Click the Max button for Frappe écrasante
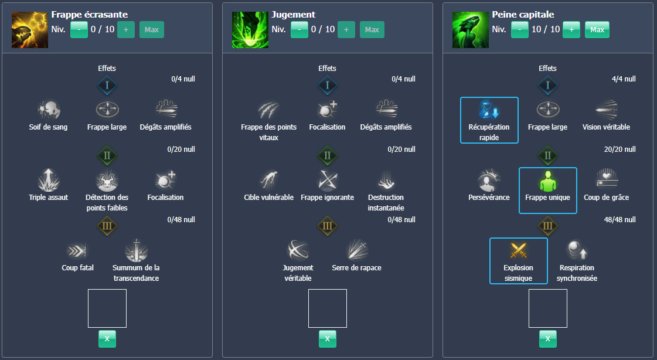[151, 29]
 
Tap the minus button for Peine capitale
[519, 29]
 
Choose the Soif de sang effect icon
[48, 109]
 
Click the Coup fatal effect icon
[77, 250]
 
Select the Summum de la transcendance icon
[136, 250]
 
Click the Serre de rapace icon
[356, 250]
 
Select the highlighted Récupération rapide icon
[489, 110]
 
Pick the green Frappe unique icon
[547, 181]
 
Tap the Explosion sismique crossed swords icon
[518, 250]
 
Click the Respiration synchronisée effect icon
[577, 250]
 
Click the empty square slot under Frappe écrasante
[107, 308]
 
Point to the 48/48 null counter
[619, 220]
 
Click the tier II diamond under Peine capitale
[547, 156]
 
